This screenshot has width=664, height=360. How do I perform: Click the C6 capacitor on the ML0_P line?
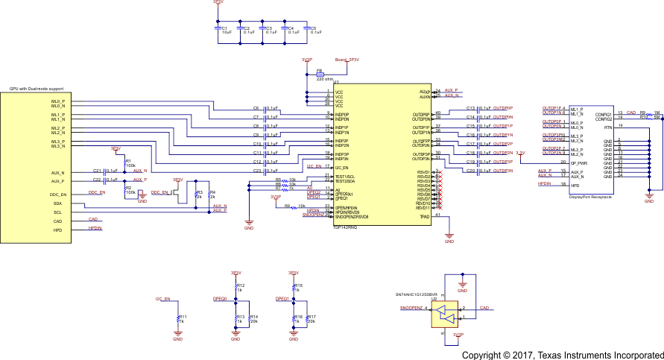[265, 108]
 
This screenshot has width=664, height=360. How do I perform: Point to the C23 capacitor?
[265, 171]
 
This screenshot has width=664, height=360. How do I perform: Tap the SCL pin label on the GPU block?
[57, 212]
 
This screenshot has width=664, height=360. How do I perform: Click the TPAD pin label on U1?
[425, 216]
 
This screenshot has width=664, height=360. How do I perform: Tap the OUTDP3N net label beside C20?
[503, 171]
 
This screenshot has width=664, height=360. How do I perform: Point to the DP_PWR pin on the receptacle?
[579, 162]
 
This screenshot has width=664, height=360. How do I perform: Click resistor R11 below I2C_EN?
[178, 318]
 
